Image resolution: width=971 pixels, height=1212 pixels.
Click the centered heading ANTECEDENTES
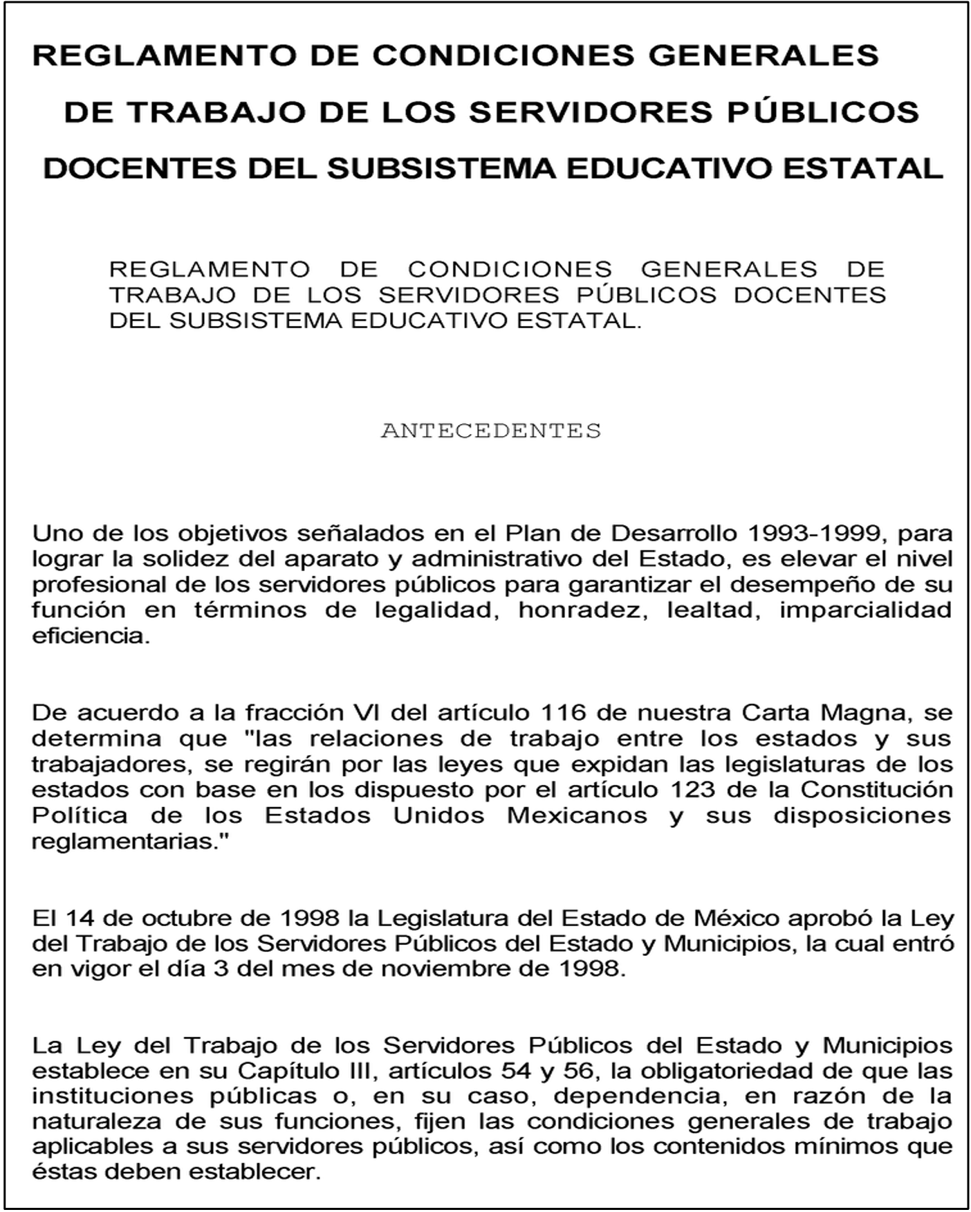pos(490,431)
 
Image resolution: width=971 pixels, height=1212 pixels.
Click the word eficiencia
pos(91,636)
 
